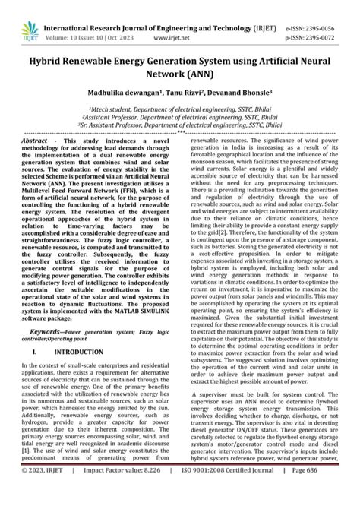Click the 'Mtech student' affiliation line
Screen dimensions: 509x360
click(179, 109)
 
